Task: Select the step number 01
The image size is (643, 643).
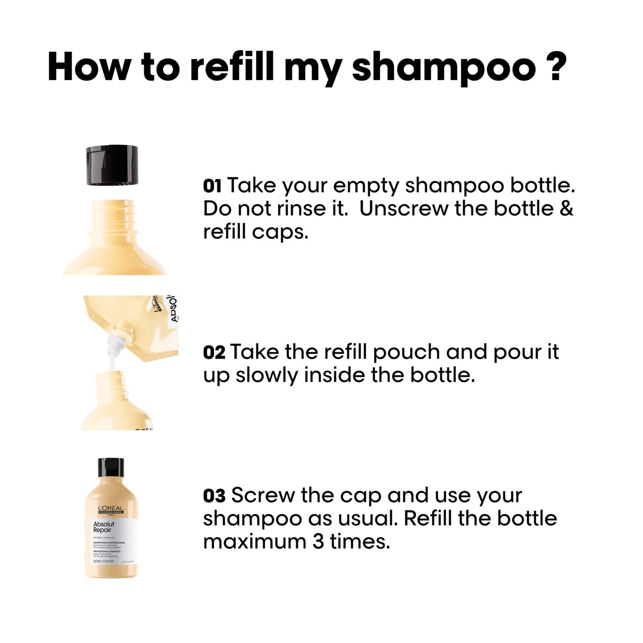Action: (212, 186)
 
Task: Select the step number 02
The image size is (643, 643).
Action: (214, 352)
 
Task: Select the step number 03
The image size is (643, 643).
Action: (214, 496)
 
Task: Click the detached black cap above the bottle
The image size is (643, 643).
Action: (111, 165)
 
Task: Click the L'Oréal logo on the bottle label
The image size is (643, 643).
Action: (110, 510)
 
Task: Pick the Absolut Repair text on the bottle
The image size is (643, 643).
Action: (104, 527)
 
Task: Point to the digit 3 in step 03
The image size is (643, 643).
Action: (318, 542)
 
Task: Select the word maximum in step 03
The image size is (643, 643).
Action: (254, 542)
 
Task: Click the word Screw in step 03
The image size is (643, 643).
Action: (262, 496)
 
